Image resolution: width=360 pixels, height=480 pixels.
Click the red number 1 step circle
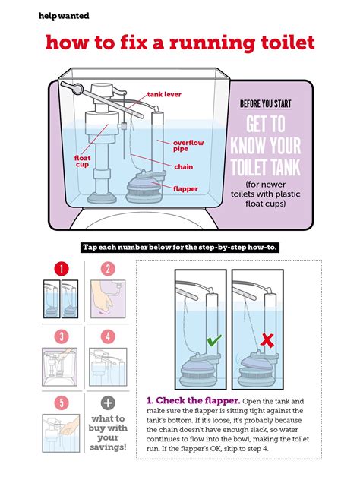[x=62, y=269]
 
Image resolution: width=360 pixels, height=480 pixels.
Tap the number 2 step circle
[x=108, y=269]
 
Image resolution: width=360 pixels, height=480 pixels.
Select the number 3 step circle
[x=62, y=336]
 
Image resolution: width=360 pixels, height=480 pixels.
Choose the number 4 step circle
[x=108, y=336]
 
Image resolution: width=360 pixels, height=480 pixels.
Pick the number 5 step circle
[x=62, y=403]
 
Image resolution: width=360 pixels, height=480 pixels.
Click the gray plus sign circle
[x=108, y=403]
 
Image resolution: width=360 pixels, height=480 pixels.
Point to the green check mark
[x=214, y=340]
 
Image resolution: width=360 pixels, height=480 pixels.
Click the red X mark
[x=267, y=340]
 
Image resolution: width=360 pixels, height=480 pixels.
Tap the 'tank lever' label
[x=164, y=95]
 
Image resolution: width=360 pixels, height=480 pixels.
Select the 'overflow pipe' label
[x=188, y=145]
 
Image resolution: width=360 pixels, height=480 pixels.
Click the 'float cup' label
[x=82, y=161]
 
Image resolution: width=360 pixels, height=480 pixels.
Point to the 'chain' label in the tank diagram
[x=183, y=167]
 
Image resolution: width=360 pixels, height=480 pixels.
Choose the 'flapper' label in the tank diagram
[x=185, y=189]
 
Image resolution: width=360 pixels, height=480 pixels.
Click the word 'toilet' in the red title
[x=288, y=43]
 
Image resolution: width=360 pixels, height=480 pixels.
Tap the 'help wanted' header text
[x=64, y=16]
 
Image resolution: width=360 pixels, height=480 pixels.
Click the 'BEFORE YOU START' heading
[x=265, y=104]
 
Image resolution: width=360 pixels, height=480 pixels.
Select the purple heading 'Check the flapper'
[x=194, y=400]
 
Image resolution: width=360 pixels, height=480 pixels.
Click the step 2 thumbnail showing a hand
[x=108, y=298]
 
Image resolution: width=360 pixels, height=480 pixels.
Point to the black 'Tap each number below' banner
[x=180, y=247]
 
